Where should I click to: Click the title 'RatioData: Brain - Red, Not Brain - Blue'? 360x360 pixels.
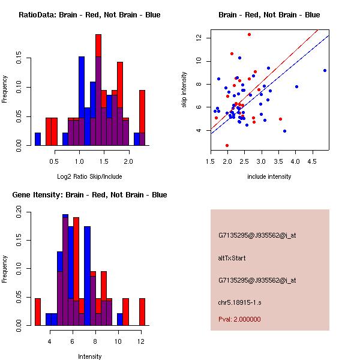tap(89, 15)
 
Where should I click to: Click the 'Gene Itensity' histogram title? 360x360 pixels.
tap(89, 195)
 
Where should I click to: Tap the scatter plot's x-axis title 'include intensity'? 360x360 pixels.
tap(269, 176)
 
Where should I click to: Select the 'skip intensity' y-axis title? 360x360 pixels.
tap(185, 90)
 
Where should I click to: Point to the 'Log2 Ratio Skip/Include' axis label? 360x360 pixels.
tap(89, 176)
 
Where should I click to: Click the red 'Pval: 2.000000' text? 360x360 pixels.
tap(239, 319)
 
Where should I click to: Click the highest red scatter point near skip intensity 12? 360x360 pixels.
tap(249, 35)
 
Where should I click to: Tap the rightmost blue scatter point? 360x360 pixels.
tap(325, 70)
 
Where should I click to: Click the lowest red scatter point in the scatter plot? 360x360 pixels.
tap(227, 145)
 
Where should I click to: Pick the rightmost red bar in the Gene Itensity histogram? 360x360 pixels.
tap(142, 311)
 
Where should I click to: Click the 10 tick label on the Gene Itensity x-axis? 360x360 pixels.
tap(119, 341)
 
